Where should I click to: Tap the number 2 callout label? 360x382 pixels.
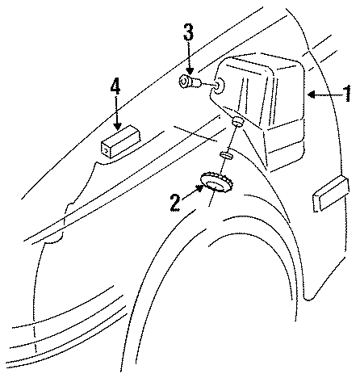(174, 202)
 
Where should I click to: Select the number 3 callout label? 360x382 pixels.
(187, 34)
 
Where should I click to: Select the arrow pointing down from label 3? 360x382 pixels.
(188, 59)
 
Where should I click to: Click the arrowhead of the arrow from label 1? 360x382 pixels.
(310, 95)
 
